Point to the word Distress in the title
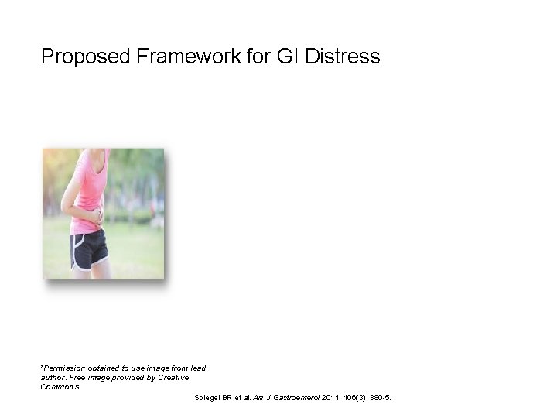[x=343, y=57]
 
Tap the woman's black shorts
[x=88, y=248]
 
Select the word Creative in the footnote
[x=173, y=377]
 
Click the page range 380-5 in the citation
[x=380, y=398]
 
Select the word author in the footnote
[x=51, y=377]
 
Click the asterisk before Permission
[x=42, y=367]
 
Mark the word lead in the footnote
[x=198, y=368]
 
